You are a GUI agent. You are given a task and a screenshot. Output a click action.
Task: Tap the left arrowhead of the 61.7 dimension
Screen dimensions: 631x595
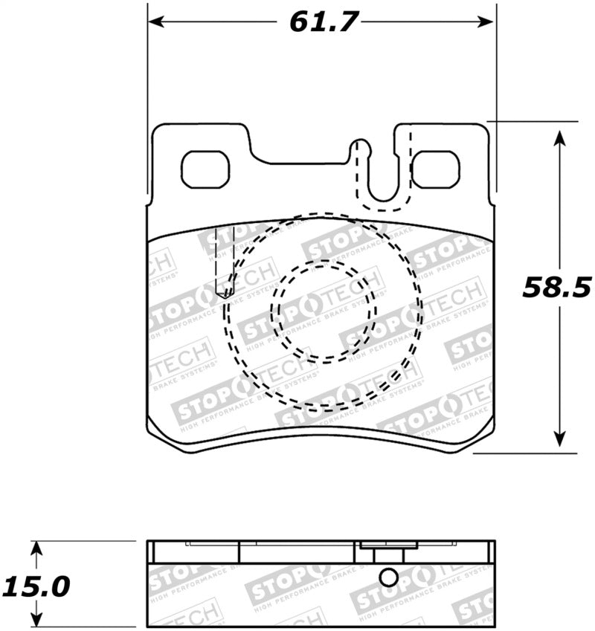(x=154, y=22)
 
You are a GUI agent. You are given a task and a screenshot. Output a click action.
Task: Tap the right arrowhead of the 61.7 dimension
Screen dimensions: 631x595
(x=488, y=22)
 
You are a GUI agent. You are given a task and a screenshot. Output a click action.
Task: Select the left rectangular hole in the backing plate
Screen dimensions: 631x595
(x=205, y=169)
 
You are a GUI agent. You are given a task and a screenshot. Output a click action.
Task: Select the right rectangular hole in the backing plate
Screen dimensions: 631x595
(x=436, y=169)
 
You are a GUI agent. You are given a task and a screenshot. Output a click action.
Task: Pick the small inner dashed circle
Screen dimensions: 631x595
(x=324, y=310)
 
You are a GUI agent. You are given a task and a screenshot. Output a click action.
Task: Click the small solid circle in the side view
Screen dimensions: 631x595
(x=388, y=577)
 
